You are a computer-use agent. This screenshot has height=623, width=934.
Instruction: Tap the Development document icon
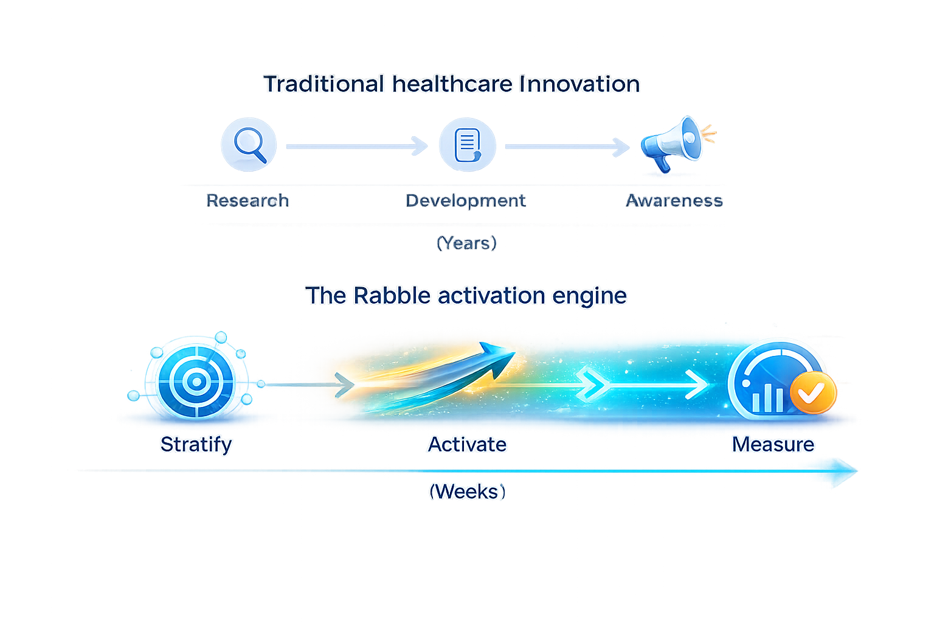click(x=466, y=146)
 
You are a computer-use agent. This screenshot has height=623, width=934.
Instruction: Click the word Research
click(x=247, y=201)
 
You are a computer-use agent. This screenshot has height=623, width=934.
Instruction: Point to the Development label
click(x=466, y=201)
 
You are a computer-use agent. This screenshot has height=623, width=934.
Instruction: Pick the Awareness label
click(x=674, y=201)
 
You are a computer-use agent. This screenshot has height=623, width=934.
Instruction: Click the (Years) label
click(x=466, y=243)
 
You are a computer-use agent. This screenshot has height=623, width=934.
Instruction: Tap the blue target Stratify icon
click(x=195, y=381)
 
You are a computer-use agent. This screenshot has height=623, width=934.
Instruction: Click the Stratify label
click(x=196, y=444)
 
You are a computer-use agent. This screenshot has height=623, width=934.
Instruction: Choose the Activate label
click(x=467, y=444)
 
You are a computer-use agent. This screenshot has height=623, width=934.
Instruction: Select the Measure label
click(x=773, y=444)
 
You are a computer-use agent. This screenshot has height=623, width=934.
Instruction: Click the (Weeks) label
click(x=467, y=491)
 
